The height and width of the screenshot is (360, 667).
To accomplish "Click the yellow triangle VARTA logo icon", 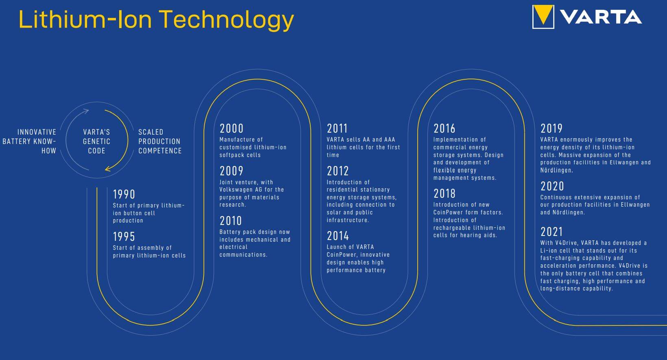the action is (x=543, y=17).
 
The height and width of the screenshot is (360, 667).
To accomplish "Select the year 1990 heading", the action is (x=124, y=194).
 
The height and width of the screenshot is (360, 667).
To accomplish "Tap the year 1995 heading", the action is (x=124, y=237).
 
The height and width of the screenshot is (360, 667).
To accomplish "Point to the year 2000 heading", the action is (x=232, y=129).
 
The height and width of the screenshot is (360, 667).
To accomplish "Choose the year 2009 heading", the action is (x=231, y=171).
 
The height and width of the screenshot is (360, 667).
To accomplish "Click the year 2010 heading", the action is (x=231, y=221).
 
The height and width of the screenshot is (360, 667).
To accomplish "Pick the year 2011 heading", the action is (x=337, y=129).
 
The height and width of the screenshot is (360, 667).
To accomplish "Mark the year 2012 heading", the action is (x=338, y=171).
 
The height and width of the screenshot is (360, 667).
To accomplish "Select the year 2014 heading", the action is (x=338, y=236).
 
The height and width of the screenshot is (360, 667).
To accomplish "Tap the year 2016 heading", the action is (x=444, y=129).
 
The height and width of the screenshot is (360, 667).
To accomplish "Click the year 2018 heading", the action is (x=444, y=194).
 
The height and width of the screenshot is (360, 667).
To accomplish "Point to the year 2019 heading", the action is (x=551, y=129).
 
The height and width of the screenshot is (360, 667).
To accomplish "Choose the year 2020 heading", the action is (x=552, y=186).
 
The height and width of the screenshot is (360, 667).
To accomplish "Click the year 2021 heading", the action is (x=551, y=232).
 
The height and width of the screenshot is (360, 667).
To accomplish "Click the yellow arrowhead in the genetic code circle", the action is (x=108, y=168).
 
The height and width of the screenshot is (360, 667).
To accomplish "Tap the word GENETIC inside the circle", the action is (x=96, y=142).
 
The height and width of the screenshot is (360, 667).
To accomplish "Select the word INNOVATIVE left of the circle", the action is (x=37, y=132).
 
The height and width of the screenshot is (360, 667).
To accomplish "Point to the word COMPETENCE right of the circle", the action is (x=160, y=151).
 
